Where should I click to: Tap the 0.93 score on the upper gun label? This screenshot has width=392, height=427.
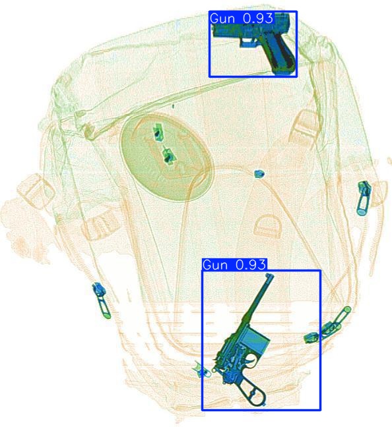point(257,19)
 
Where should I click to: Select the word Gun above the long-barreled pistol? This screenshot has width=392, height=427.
point(216,265)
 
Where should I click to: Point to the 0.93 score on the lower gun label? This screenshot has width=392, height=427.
point(250,265)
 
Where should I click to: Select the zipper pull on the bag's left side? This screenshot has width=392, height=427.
point(100,299)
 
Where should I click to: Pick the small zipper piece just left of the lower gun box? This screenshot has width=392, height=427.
point(201,371)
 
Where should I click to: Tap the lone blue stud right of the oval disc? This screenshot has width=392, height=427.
point(259,174)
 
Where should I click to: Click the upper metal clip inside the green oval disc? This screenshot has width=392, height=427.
point(158,131)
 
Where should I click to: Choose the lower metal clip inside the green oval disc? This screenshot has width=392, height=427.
point(168,157)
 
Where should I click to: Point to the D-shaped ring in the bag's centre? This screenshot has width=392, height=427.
point(268,226)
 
